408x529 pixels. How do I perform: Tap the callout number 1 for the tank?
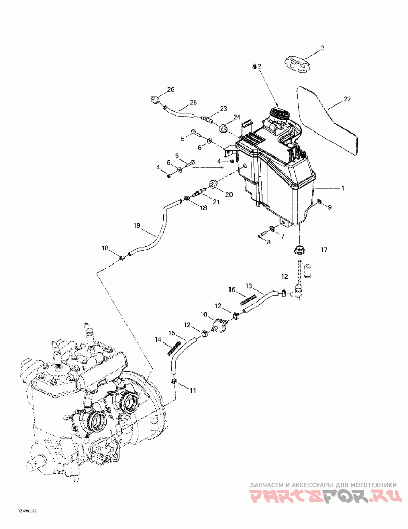coord(343,188)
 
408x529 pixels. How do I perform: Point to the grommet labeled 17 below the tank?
coord(298,250)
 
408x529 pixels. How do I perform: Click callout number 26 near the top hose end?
coord(170,90)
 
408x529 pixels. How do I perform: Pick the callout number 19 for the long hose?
coord(137,225)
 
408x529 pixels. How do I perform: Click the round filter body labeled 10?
coord(221,324)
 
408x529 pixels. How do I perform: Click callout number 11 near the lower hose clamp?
coord(193,391)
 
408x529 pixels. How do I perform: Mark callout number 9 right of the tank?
coord(329,207)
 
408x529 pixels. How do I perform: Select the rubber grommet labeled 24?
coord(223,128)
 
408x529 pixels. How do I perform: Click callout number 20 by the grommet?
coord(228,194)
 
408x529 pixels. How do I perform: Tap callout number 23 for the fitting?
coord(223,109)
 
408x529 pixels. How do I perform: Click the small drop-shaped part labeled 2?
coord(254,66)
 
